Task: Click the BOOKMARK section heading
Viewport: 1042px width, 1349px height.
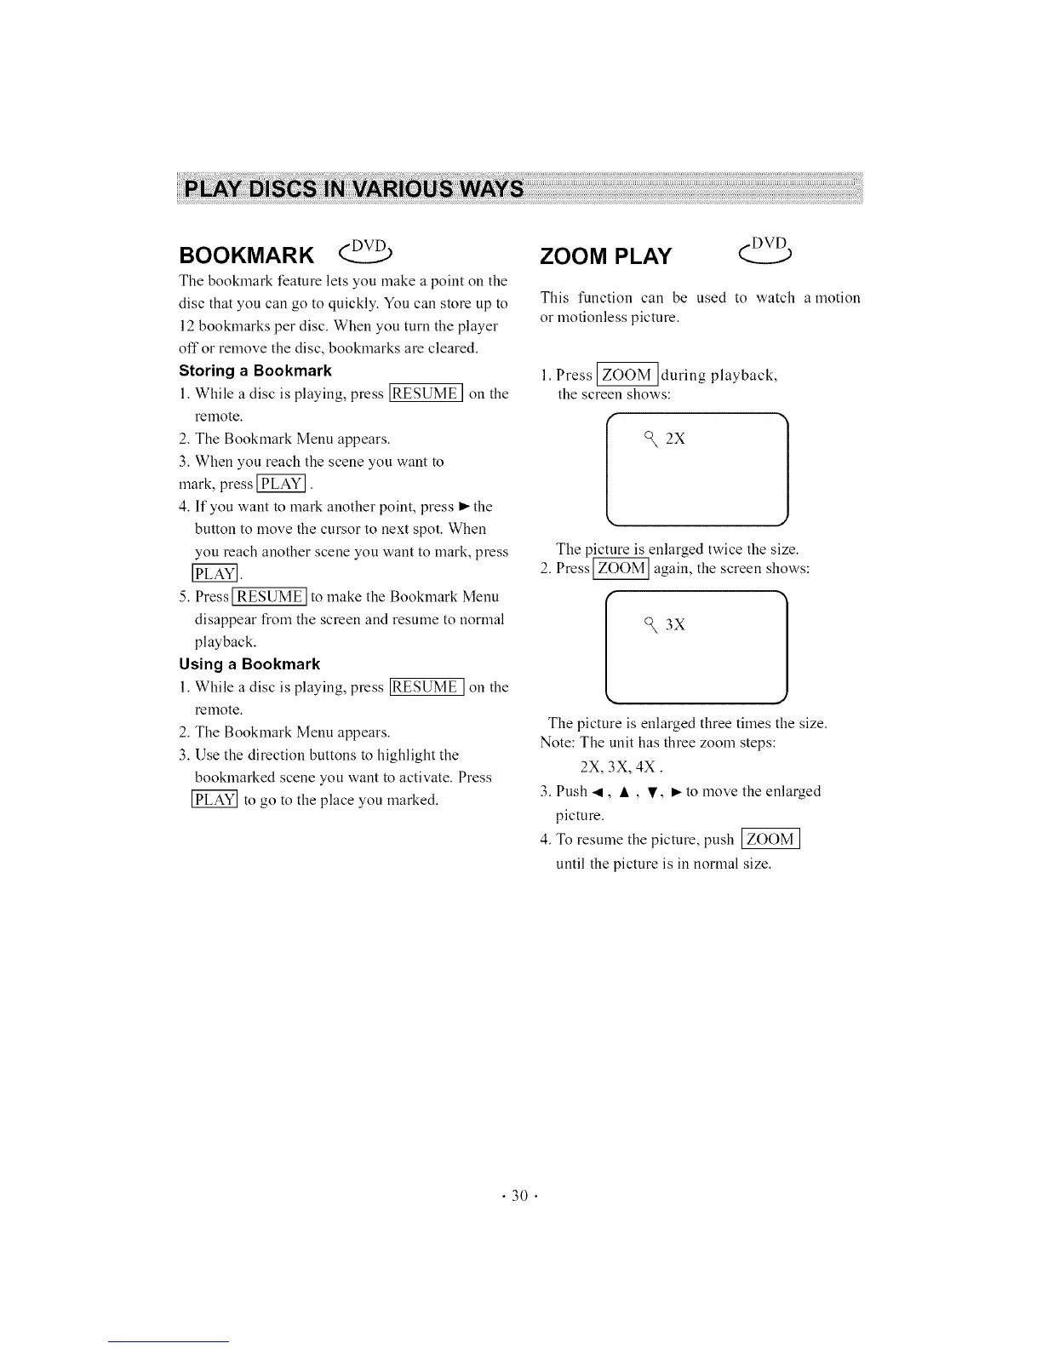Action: (x=246, y=255)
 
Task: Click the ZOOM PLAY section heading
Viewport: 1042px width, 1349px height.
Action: (x=605, y=255)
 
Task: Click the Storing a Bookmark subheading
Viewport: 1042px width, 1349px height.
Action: (x=255, y=370)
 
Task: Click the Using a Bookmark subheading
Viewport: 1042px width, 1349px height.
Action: (x=249, y=663)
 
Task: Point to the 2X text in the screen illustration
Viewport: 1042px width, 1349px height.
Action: (x=675, y=439)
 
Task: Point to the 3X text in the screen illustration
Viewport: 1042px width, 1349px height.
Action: (x=675, y=625)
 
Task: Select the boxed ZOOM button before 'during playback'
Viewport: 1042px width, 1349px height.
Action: (x=627, y=375)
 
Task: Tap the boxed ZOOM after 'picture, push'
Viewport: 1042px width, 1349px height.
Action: (x=770, y=840)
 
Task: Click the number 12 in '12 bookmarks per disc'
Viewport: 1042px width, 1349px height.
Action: (x=187, y=326)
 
